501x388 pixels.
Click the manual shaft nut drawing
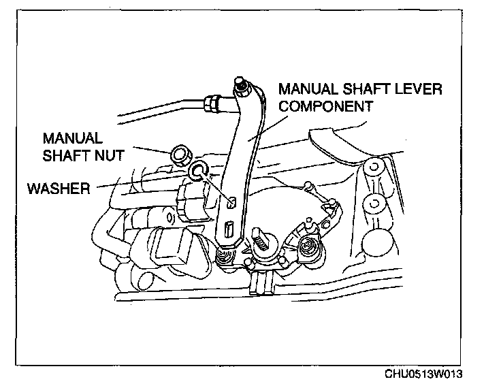pyautogui.click(x=181, y=155)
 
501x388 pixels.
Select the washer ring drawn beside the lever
pyautogui.click(x=199, y=170)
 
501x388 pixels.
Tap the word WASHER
pyautogui.click(x=58, y=187)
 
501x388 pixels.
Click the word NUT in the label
pyautogui.click(x=110, y=155)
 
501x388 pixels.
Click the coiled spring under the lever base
pyautogui.click(x=223, y=257)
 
